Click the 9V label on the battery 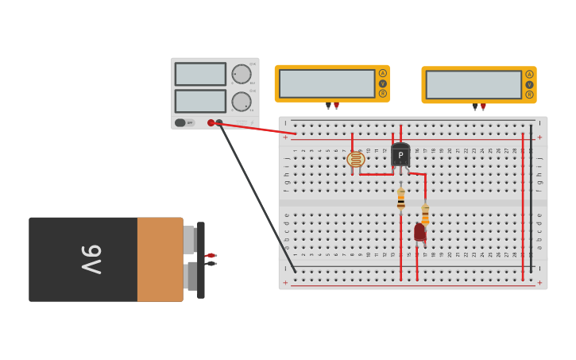91,259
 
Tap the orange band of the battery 160,259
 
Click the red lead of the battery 211,255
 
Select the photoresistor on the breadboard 356,160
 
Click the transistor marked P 400,155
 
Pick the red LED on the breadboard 419,232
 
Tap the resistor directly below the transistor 401,199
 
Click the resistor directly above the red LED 425,213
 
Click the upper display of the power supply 200,74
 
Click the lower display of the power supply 200,101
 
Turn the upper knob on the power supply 241,74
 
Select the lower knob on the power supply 241,102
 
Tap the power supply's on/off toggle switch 180,122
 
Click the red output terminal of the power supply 211,122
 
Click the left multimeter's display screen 327,83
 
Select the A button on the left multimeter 383,73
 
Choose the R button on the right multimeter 529,95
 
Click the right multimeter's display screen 474,84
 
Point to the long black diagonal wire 256,195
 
